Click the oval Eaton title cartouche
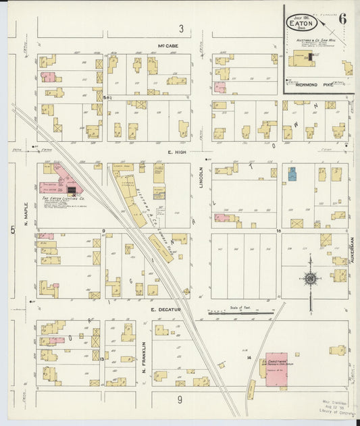click(303, 22)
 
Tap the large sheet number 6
click(342, 19)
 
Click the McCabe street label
click(167, 47)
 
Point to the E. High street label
click(176, 153)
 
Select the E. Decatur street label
click(163, 309)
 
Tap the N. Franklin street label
click(144, 358)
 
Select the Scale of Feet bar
click(240, 313)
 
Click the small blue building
click(292, 174)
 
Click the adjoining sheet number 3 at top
click(181, 28)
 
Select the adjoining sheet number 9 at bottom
click(180, 400)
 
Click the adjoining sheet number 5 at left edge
click(13, 230)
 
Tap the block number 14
click(249, 356)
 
